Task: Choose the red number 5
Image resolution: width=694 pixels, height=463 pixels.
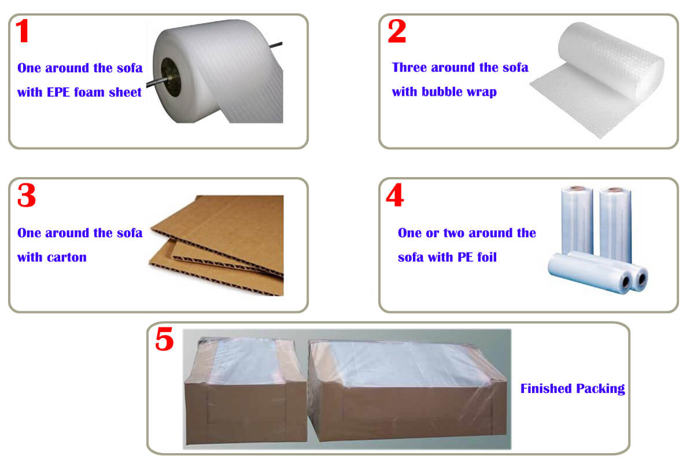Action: click(164, 340)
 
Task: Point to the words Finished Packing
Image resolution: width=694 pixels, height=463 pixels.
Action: click(573, 388)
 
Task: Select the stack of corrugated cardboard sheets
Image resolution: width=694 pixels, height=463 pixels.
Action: click(220, 243)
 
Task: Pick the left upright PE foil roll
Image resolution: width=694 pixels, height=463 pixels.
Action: click(577, 220)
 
